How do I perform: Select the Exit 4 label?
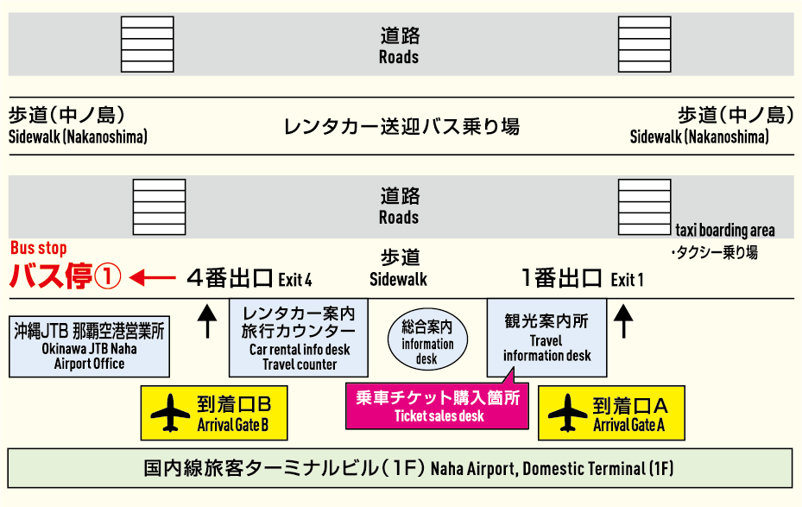point(249,278)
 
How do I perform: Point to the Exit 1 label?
point(581,278)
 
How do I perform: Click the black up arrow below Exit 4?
point(206,320)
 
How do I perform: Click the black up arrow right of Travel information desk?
point(623,320)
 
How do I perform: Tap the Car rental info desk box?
point(299,338)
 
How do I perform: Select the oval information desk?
point(427,338)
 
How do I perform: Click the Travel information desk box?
point(546,337)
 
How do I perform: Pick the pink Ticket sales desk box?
point(437,406)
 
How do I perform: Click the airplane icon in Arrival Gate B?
point(170,413)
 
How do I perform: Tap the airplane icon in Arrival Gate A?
point(567,413)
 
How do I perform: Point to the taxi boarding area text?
point(724,231)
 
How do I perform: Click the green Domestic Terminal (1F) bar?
point(400,469)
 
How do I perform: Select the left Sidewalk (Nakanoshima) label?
point(79,125)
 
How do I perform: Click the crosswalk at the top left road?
point(148,44)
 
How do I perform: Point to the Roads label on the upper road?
point(399,47)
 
